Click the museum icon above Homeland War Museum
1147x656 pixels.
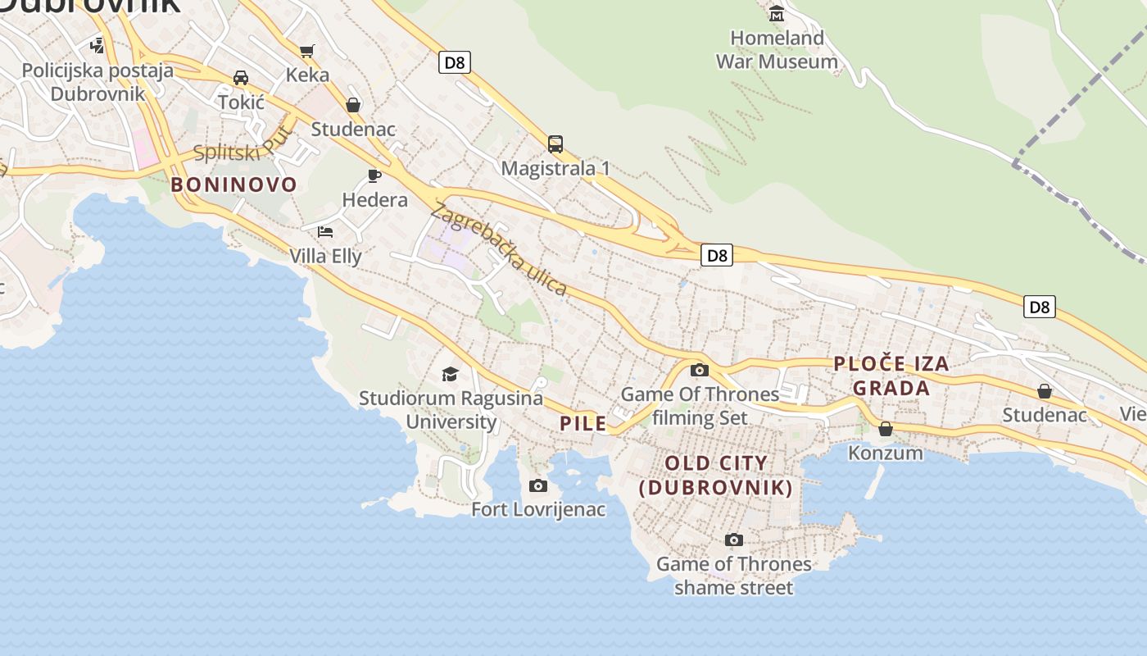776,14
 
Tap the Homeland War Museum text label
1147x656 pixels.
777,49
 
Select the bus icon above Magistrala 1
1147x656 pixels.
555,144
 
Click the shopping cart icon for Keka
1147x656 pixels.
307,52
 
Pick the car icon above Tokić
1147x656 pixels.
241,78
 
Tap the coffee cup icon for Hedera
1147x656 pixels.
374,175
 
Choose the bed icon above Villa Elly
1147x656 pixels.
325,232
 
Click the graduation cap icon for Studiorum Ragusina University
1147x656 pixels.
451,374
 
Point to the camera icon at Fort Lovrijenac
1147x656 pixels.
538,486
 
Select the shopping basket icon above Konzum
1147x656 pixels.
886,429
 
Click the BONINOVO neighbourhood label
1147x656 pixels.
233,184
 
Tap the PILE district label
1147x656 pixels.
583,424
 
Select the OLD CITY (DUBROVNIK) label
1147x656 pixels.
716,476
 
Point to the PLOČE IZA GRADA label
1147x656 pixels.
891,376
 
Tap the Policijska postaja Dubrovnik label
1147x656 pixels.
97,82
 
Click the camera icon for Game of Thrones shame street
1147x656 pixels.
734,540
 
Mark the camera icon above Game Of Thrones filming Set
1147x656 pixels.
699,371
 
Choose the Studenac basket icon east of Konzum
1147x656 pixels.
1045,391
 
